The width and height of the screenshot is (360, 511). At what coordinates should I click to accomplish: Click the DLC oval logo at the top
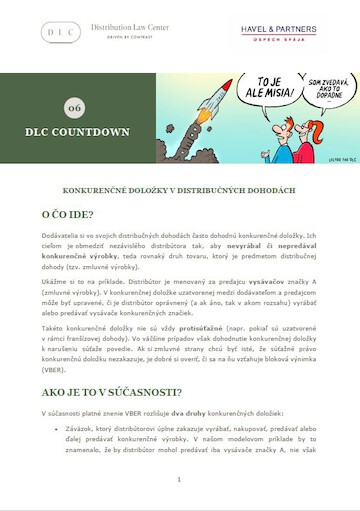click(x=61, y=33)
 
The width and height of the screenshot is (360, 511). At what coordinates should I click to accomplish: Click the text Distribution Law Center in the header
click(x=129, y=29)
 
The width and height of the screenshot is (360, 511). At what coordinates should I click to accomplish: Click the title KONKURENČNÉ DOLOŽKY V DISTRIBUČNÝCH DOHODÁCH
click(x=179, y=188)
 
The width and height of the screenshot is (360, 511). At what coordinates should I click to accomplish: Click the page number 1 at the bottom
click(x=179, y=479)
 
